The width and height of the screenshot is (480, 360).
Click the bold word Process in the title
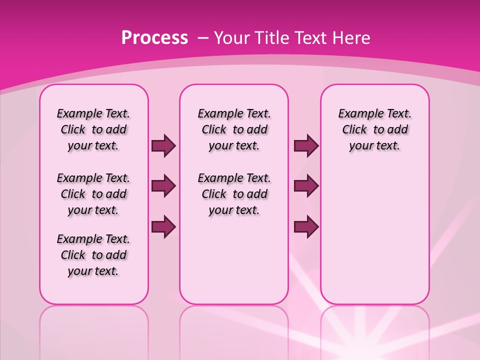pyautogui.click(x=154, y=37)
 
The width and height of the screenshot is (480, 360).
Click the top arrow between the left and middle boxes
pyautogui.click(x=163, y=145)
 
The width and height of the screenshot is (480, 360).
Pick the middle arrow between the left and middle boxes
pyautogui.click(x=163, y=186)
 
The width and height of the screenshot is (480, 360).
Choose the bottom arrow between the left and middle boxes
pyautogui.click(x=163, y=226)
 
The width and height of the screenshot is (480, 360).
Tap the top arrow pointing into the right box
pyautogui.click(x=306, y=145)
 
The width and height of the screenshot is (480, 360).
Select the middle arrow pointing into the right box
pyautogui.click(x=306, y=186)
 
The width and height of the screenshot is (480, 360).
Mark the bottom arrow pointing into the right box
pyautogui.click(x=306, y=226)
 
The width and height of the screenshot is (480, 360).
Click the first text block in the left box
pyautogui.click(x=93, y=129)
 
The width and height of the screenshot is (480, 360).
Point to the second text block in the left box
pyautogui.click(x=93, y=194)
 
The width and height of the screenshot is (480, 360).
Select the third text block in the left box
pyautogui.click(x=93, y=255)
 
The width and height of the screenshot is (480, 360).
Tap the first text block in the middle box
pyautogui.click(x=234, y=129)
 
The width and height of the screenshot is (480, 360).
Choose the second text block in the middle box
pyautogui.click(x=234, y=194)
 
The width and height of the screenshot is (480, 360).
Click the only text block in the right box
pyautogui.click(x=374, y=129)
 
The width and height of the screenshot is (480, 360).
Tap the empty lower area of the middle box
pyautogui.click(x=234, y=260)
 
